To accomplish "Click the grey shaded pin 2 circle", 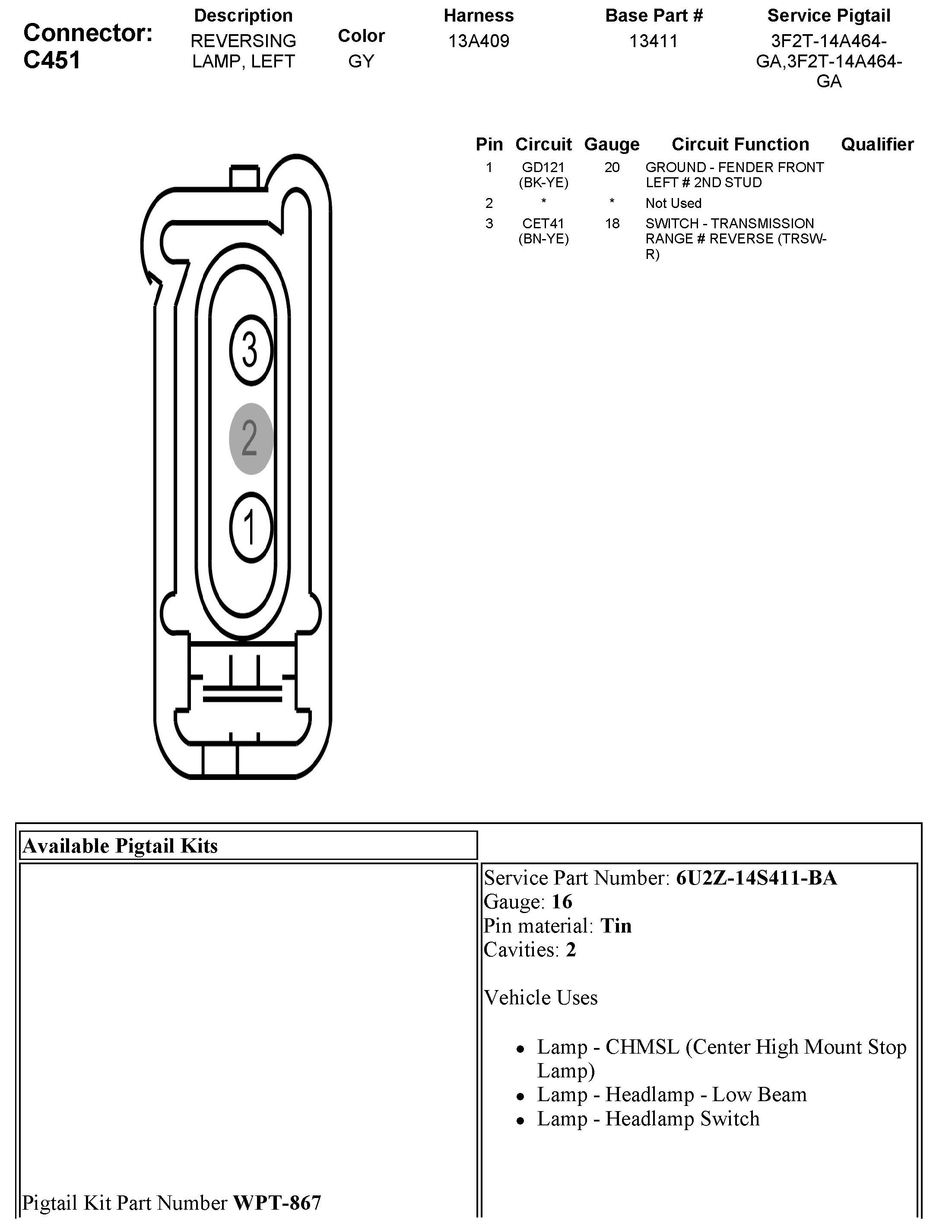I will pyautogui.click(x=251, y=439).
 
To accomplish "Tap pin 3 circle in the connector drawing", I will pyautogui.click(x=251, y=350).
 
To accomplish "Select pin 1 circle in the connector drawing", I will pyautogui.click(x=251, y=527).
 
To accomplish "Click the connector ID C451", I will pyautogui.click(x=52, y=60).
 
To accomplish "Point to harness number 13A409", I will pyautogui.click(x=479, y=41).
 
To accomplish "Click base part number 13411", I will pyautogui.click(x=654, y=41).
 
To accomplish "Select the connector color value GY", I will pyautogui.click(x=361, y=61).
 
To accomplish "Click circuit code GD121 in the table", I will pyautogui.click(x=543, y=167).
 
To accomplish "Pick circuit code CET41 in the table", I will pyautogui.click(x=543, y=224).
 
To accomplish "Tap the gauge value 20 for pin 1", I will pyautogui.click(x=612, y=167).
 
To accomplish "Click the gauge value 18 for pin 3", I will pyautogui.click(x=612, y=224).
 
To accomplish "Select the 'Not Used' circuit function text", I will pyautogui.click(x=673, y=203).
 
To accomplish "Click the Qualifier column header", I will pyautogui.click(x=877, y=144).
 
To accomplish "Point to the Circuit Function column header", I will pyautogui.click(x=740, y=144).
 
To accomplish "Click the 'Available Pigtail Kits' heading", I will pyautogui.click(x=121, y=846).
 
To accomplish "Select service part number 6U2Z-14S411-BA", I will pyautogui.click(x=756, y=878).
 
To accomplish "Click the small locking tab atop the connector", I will pyautogui.click(x=244, y=177).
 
